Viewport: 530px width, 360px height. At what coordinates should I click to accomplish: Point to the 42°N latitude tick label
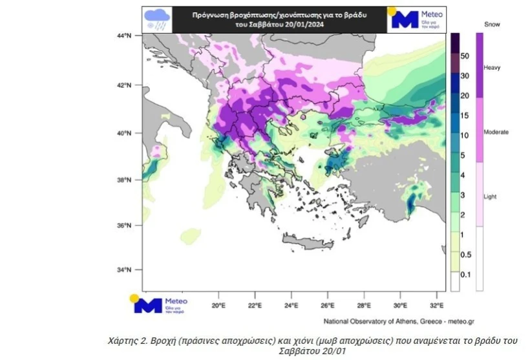pyautogui.click(x=124, y=85)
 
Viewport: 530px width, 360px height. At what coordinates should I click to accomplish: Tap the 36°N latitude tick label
pyautogui.click(x=124, y=225)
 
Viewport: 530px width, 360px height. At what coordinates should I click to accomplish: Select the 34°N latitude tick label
pyautogui.click(x=124, y=270)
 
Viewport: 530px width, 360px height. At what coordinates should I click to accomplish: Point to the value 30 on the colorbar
pyautogui.click(x=465, y=76)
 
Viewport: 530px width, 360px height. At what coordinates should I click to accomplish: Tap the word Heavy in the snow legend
pyautogui.click(x=493, y=67)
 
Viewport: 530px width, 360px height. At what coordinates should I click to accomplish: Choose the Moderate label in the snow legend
pyautogui.click(x=496, y=132)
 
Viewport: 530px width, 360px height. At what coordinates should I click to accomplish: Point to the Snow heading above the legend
pyautogui.click(x=493, y=24)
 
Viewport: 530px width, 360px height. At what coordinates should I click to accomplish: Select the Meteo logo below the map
pyautogui.click(x=160, y=304)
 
